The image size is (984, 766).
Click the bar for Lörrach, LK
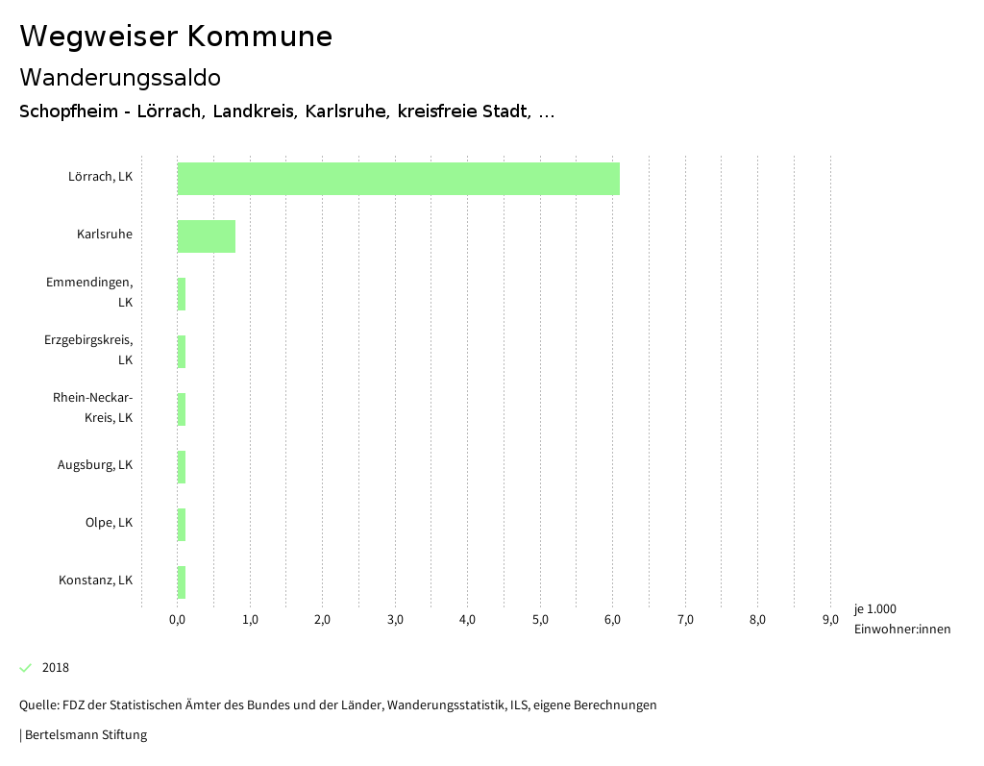point(399,179)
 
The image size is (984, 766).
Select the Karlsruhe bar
point(207,236)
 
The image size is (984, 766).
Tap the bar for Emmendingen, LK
point(182,294)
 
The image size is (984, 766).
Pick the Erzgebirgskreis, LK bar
point(182,352)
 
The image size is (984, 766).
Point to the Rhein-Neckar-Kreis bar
point(182,409)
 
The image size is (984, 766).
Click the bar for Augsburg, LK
point(182,467)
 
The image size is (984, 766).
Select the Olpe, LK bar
point(182,525)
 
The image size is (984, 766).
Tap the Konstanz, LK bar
point(182,582)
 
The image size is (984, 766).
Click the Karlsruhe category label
point(105,234)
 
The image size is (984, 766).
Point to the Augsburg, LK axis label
point(95,465)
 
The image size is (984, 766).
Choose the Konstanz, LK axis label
point(95,581)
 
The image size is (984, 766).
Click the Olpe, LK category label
point(109,523)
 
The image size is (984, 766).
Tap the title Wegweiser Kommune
point(176,37)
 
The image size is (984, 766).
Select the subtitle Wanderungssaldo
point(120,77)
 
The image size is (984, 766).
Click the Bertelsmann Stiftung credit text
point(85,735)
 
